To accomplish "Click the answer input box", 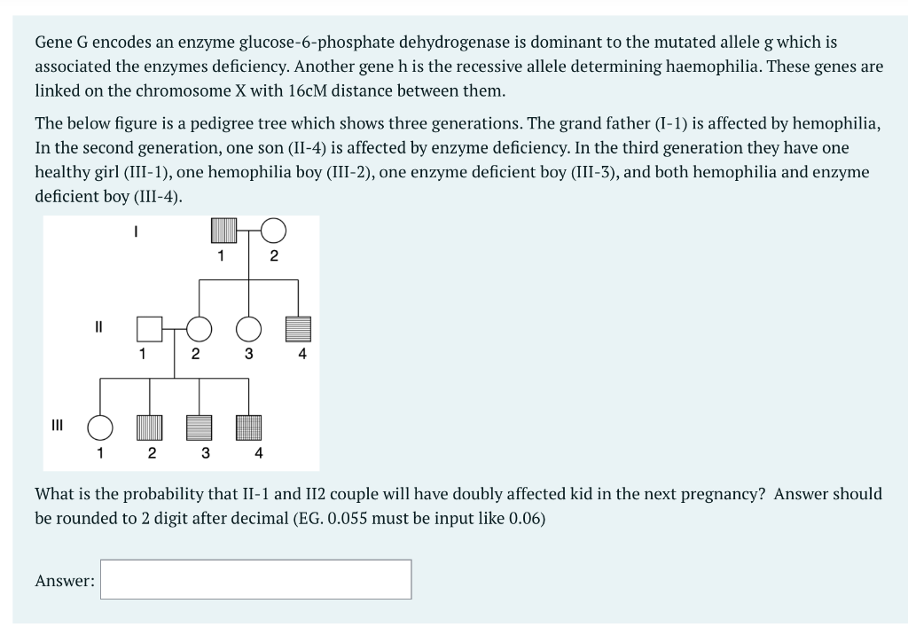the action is [255, 579].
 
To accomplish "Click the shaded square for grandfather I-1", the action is [223, 231].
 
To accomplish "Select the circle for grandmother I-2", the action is [273, 231].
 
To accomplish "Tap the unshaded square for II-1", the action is [149, 329].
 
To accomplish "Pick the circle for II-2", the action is [199, 329].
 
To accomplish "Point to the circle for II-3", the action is [249, 329].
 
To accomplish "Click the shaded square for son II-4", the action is [299, 329].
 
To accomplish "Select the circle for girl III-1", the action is [99, 427].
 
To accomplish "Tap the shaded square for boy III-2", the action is [149, 427].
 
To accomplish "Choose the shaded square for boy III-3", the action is [199, 427].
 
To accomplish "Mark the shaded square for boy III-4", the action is [249, 427].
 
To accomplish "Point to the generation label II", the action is [99, 325].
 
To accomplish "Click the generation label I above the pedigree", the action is [135, 230].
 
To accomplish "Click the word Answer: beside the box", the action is [65, 581].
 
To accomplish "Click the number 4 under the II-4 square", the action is [302, 355].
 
